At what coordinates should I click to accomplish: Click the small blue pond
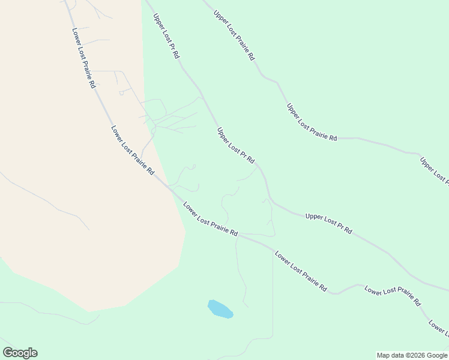(x=220, y=309)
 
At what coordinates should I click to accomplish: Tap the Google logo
(x=20, y=353)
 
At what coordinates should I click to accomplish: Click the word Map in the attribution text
(x=384, y=355)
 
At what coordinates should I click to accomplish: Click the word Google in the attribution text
(x=437, y=355)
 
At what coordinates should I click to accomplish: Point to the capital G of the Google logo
(x=8, y=353)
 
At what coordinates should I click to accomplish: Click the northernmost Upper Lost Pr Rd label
(x=166, y=36)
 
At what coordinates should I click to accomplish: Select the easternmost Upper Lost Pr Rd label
(x=328, y=223)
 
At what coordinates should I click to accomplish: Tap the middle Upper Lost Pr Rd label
(x=236, y=145)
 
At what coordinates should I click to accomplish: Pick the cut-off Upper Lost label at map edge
(x=434, y=170)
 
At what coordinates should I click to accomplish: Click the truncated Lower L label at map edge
(x=438, y=328)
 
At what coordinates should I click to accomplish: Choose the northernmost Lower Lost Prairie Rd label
(x=83, y=58)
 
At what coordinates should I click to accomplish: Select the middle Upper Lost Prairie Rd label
(x=312, y=122)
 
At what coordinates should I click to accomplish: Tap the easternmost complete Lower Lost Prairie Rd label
(x=393, y=296)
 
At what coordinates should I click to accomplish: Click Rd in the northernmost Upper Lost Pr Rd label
(x=176, y=53)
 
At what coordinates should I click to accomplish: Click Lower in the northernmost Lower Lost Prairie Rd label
(x=76, y=37)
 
